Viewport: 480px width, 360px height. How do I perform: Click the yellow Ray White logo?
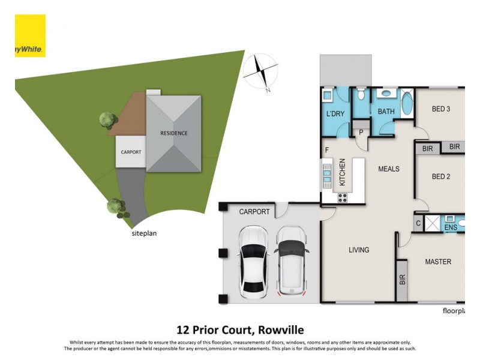pyautogui.click(x=30, y=36)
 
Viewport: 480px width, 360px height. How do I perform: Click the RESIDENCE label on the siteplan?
pyautogui.click(x=173, y=133)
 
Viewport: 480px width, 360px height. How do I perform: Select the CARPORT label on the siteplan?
pyautogui.click(x=131, y=152)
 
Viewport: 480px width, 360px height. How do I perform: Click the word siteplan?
pyautogui.click(x=143, y=234)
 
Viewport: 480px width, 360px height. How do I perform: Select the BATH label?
pyautogui.click(x=386, y=112)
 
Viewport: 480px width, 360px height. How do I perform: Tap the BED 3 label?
pyautogui.click(x=441, y=109)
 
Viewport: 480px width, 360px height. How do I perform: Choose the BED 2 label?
pyautogui.click(x=441, y=176)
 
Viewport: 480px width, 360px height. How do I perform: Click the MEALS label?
pyautogui.click(x=389, y=169)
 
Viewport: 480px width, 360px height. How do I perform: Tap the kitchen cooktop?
pyautogui.click(x=343, y=196)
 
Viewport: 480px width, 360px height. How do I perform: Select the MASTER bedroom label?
pyautogui.click(x=438, y=262)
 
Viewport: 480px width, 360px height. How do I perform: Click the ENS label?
pyautogui.click(x=450, y=228)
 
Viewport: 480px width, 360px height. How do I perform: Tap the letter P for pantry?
pyautogui.click(x=362, y=133)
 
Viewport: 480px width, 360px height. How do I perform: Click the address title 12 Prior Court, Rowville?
pyautogui.click(x=240, y=329)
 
